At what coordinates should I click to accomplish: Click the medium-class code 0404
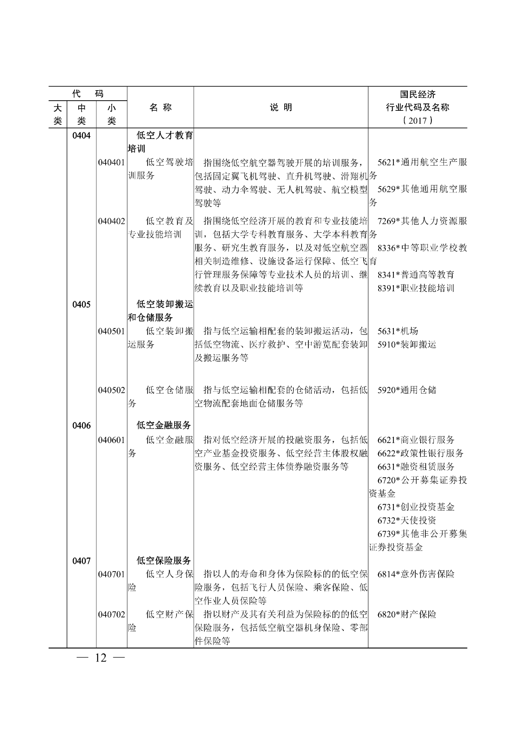(81, 135)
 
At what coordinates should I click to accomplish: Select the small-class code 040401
(111, 162)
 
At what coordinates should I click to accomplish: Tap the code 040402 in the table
(111, 221)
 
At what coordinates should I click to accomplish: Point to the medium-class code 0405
(81, 304)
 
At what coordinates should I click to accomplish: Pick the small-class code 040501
(111, 331)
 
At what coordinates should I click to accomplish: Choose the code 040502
(111, 390)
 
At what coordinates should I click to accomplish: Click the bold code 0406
(81, 425)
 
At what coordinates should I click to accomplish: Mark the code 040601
(111, 440)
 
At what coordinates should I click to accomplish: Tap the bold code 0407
(81, 561)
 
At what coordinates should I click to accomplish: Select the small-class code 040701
(111, 574)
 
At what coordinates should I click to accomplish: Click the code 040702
(111, 615)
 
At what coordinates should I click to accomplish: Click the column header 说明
(281, 108)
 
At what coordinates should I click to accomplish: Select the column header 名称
(160, 108)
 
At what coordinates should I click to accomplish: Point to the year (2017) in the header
(417, 120)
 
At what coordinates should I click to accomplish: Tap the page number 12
(101, 658)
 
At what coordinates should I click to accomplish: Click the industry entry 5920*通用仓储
(407, 390)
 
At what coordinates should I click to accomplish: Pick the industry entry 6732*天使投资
(407, 520)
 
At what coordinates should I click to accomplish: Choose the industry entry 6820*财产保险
(407, 615)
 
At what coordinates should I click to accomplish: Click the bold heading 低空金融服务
(164, 425)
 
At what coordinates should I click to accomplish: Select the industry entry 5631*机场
(398, 331)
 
